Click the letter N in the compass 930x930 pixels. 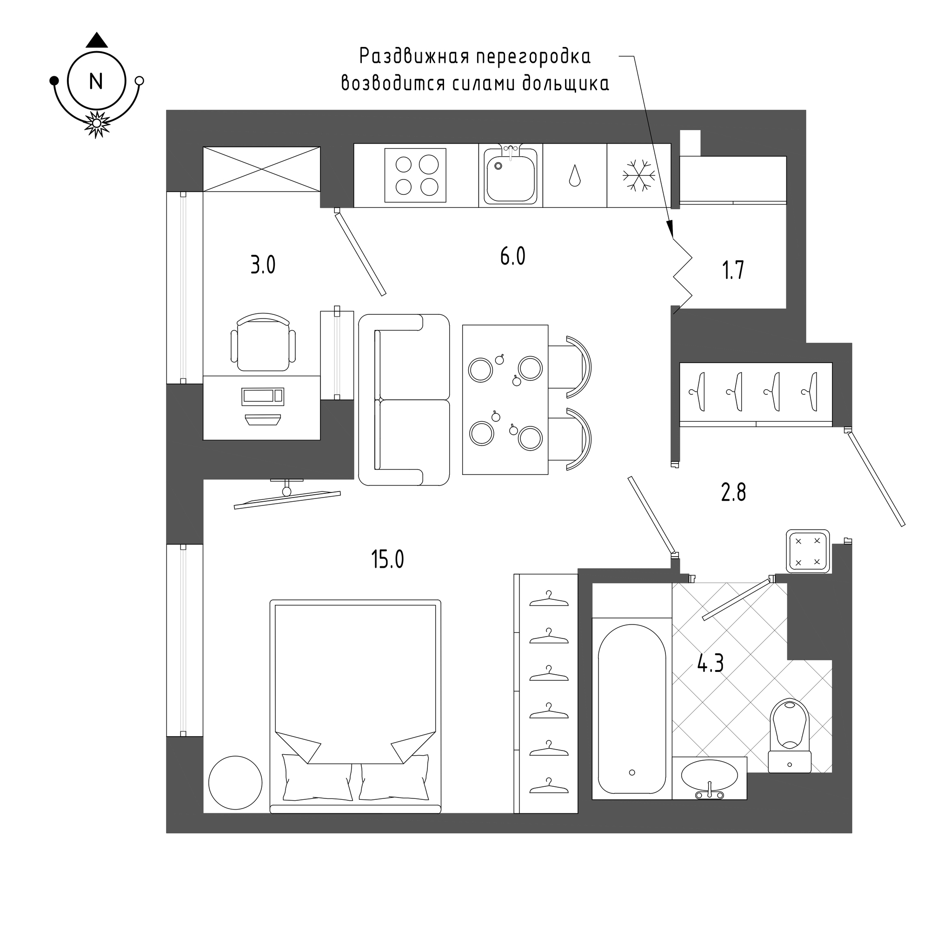96,81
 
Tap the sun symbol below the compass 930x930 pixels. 97,124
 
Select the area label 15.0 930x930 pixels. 387,559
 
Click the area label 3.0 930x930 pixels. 263,265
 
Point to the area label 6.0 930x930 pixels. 512,256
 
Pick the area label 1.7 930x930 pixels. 733,270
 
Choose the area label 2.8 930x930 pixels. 733,493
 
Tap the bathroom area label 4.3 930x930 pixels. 711,665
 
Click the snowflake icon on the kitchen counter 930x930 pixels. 639,175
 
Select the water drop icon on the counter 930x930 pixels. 575,176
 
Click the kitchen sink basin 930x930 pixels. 511,177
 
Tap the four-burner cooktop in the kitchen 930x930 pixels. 415,175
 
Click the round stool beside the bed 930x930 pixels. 235,783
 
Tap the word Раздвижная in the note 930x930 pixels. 414,56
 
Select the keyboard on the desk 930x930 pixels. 263,396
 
